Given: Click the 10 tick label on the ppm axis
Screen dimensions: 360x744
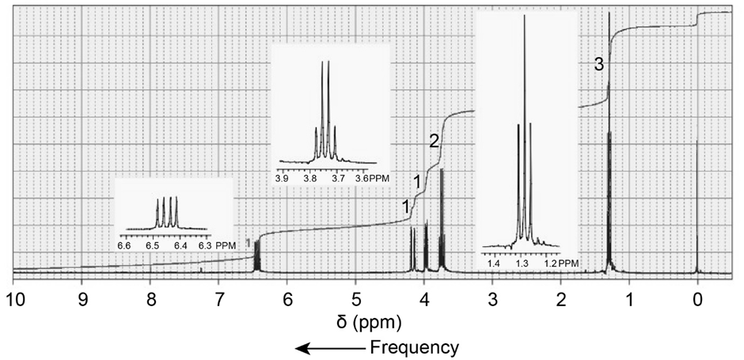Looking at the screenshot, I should [13, 301].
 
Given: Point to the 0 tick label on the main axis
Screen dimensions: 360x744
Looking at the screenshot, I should [697, 301].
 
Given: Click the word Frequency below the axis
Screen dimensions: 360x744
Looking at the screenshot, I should [415, 347].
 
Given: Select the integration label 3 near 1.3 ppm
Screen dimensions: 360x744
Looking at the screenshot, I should [599, 66].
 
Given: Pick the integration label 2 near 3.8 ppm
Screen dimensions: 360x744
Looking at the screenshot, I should [434, 142].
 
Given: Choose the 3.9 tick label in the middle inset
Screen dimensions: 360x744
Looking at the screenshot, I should [282, 177].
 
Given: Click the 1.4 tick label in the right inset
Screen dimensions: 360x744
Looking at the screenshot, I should [494, 262].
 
